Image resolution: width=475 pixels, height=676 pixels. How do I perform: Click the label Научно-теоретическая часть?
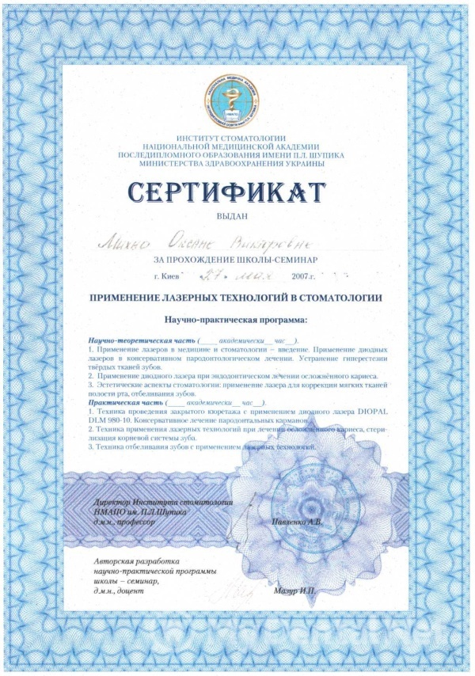133,340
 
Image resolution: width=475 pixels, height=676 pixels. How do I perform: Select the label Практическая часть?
121,402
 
